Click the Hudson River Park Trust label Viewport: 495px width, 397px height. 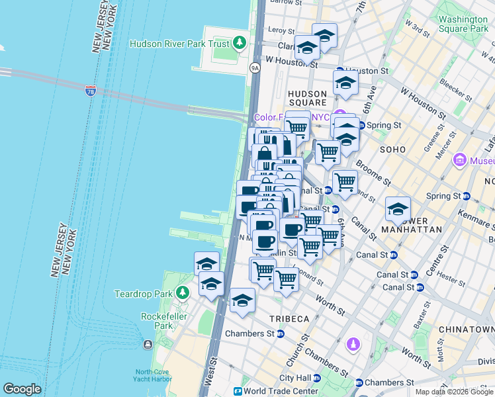coord(179,44)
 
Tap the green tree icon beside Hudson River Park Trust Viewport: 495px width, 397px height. coord(240,44)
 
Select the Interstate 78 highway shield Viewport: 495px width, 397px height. coord(91,90)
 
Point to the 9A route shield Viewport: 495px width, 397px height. coord(255,67)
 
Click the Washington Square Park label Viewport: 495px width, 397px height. coord(463,24)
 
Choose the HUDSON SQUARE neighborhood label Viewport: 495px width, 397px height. coord(307,98)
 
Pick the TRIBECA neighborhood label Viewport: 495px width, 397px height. coord(289,319)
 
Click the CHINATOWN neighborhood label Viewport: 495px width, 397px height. coord(471,330)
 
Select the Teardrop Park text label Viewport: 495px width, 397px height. coord(144,293)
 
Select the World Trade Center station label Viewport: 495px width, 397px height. coord(281,391)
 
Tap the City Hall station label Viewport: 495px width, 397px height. coord(295,378)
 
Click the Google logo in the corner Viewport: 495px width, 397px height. coord(22,389)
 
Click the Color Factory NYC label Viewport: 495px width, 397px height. coord(291,117)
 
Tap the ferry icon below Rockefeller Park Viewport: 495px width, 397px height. coord(147,345)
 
